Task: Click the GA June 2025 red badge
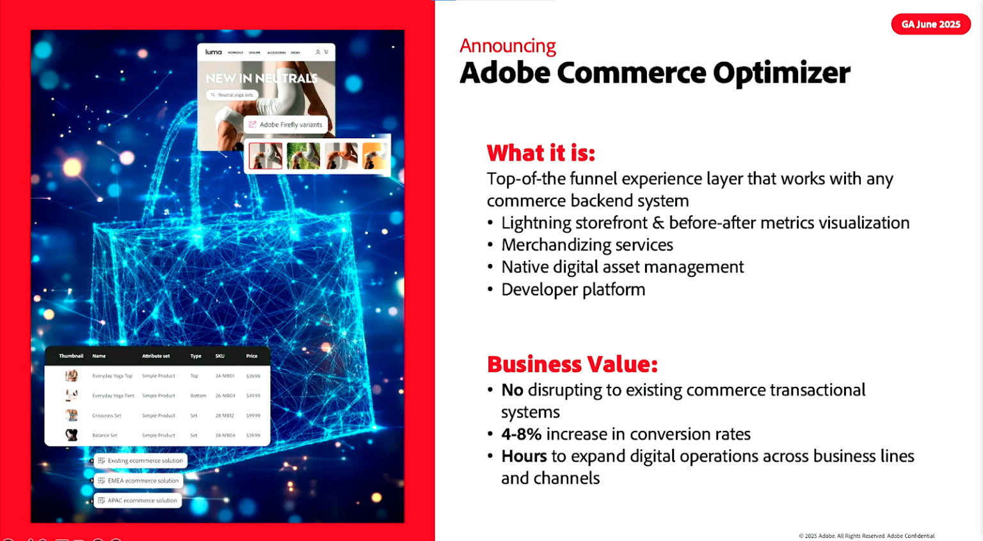[x=931, y=24]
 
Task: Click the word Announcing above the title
[x=507, y=46]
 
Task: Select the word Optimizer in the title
[x=781, y=73]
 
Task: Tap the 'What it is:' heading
[x=541, y=153]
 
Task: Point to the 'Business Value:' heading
[x=572, y=364]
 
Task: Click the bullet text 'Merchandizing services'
[x=587, y=245]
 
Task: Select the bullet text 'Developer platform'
[x=573, y=290]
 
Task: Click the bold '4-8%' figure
[x=521, y=434]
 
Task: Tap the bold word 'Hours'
[x=523, y=456]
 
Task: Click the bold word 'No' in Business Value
[x=512, y=390]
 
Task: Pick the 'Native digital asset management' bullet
[x=622, y=267]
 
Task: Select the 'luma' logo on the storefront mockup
[x=213, y=52]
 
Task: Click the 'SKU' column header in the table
[x=220, y=356]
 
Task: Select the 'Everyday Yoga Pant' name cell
[x=113, y=396]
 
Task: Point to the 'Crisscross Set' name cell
[x=106, y=416]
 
